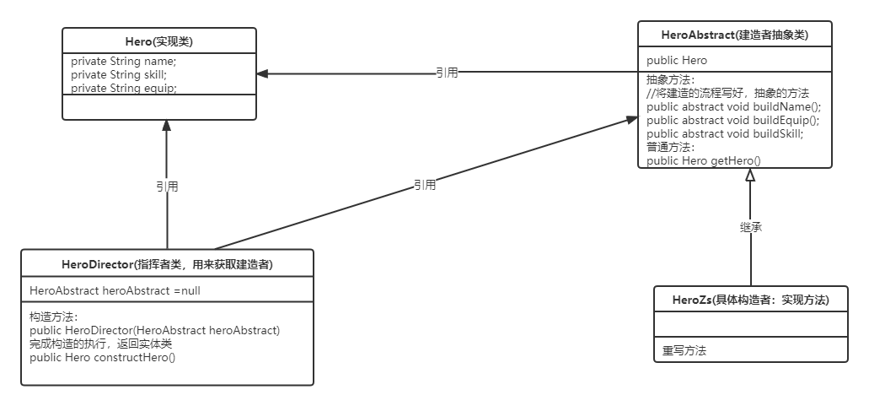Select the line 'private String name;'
123,62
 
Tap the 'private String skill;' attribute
120,74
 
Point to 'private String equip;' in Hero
123,87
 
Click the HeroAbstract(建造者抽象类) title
734,34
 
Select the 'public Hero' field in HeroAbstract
677,60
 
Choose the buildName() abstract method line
733,106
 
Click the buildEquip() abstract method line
732,120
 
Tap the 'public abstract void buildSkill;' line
725,133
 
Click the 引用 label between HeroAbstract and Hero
447,73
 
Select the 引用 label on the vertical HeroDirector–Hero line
167,187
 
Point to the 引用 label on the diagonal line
425,185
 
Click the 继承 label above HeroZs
750,227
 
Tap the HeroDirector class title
166,264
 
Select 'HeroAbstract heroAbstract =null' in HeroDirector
115,290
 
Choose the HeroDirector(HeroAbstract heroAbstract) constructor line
154,330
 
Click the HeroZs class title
750,300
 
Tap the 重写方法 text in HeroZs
684,350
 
